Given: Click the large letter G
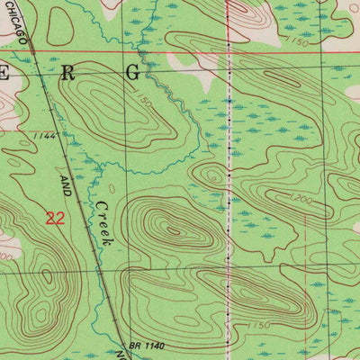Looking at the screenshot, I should click(x=133, y=71).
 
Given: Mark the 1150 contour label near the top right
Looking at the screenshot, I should click(x=297, y=41).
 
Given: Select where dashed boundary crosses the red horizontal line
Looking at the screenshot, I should click(x=228, y=51).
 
